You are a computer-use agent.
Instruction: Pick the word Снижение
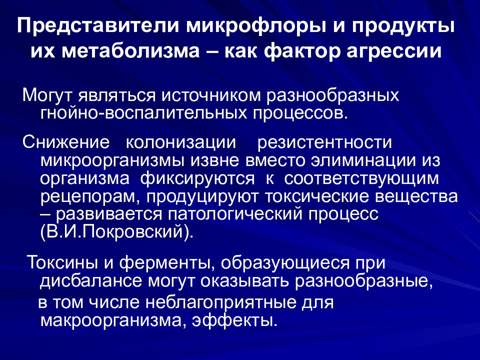(x=66, y=142)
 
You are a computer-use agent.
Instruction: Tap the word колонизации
(x=181, y=142)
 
